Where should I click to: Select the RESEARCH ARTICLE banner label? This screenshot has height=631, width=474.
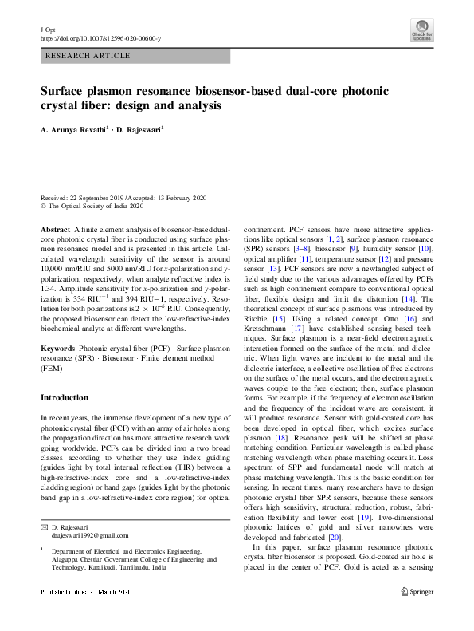click(88, 56)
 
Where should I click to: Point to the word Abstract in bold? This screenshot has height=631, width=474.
click(55, 229)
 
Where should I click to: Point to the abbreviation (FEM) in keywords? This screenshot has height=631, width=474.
click(53, 369)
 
